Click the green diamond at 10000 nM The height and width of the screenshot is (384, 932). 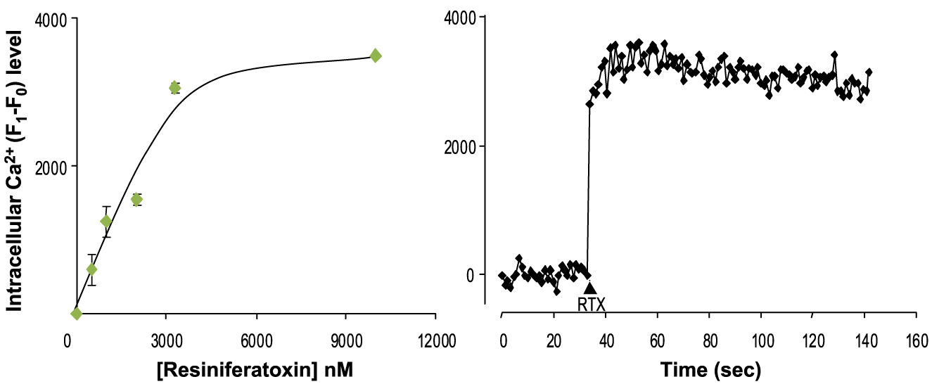(376, 56)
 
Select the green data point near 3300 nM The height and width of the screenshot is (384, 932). (175, 88)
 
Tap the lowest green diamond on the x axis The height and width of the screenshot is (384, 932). (76, 314)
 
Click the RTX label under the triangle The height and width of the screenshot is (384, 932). (591, 305)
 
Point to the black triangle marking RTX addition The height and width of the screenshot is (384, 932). (590, 288)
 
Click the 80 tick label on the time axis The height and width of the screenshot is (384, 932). (708, 331)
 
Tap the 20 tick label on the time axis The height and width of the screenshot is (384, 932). (554, 331)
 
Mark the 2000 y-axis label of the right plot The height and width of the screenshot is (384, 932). (461, 146)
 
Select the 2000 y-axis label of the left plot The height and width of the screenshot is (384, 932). (43, 167)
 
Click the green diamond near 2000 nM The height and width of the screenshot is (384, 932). (136, 200)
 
